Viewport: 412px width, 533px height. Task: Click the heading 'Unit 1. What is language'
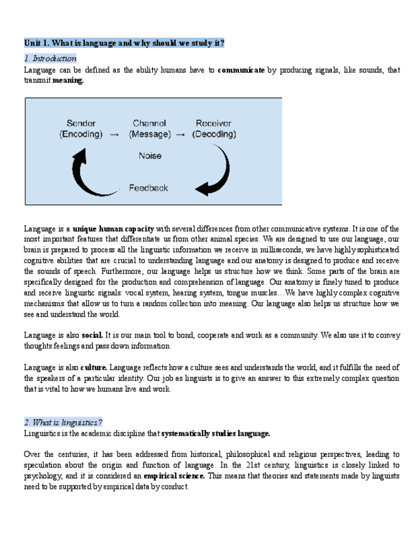click(x=124, y=43)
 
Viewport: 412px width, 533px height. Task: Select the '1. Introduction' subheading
click(x=50, y=58)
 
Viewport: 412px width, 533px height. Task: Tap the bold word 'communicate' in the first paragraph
click(x=241, y=70)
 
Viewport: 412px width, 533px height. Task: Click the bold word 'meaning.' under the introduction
click(x=68, y=80)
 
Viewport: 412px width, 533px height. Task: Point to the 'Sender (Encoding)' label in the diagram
click(x=81, y=128)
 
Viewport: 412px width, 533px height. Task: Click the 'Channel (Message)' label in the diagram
click(x=149, y=128)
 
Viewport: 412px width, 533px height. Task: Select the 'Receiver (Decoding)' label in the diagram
click(x=214, y=128)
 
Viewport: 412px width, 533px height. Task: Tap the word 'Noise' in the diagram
click(x=150, y=155)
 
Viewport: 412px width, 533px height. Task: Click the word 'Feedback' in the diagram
click(x=148, y=187)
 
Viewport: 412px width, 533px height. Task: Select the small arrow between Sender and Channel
click(x=114, y=134)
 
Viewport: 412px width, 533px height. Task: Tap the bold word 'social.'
click(x=92, y=335)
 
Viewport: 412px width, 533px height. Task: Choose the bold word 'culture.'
click(x=94, y=367)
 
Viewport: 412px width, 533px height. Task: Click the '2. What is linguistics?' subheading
click(x=63, y=422)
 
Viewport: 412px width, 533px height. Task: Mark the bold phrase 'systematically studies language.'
click(x=216, y=433)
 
